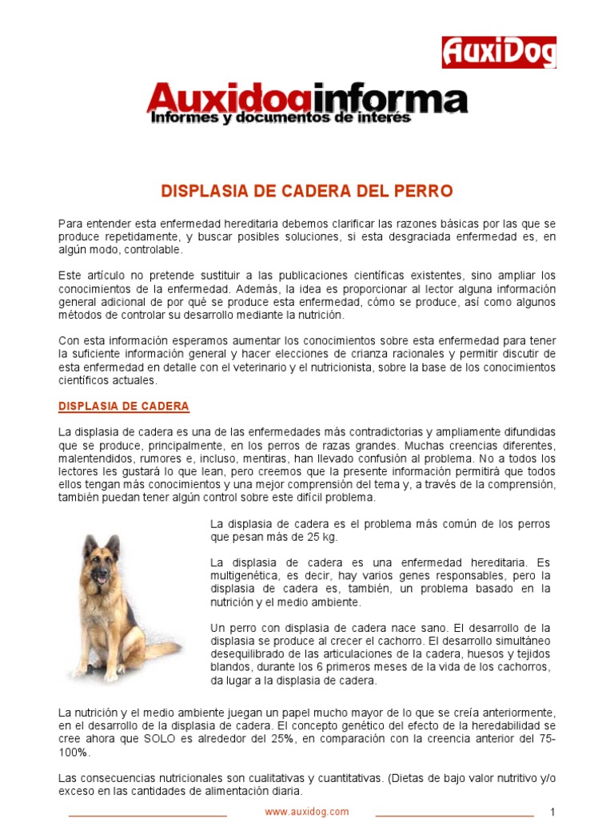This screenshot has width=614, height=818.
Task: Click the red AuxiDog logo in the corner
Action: tap(499, 53)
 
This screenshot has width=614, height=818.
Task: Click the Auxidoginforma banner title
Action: tap(307, 99)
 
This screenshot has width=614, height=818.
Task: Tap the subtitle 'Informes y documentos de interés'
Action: tap(281, 118)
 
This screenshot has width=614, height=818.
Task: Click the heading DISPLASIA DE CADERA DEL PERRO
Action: tap(307, 192)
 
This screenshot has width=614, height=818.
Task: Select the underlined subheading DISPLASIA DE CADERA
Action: tap(124, 407)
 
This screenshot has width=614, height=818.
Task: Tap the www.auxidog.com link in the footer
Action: tap(307, 812)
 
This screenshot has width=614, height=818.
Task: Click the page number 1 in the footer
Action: tap(552, 812)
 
